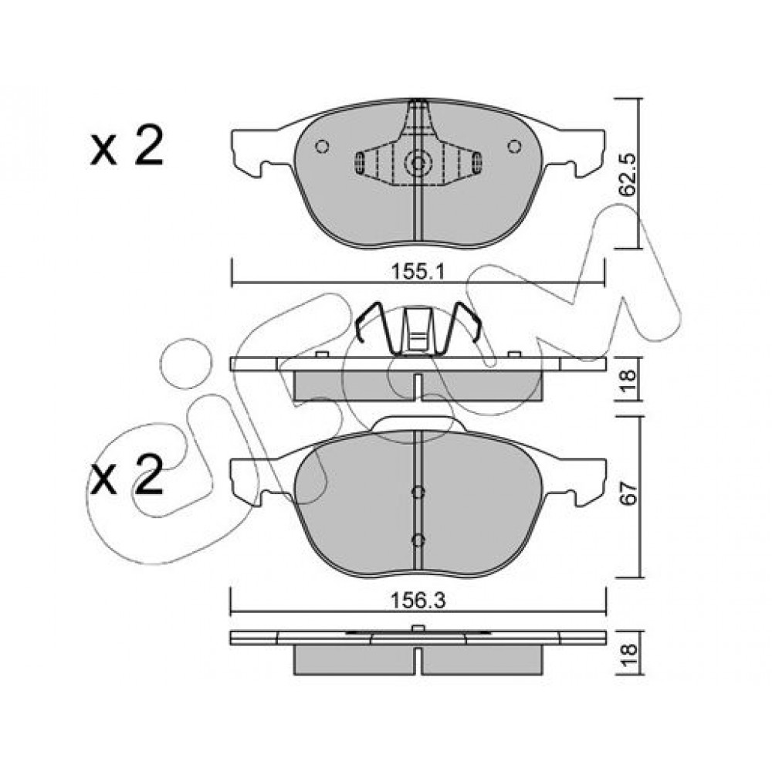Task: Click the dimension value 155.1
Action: coord(418,271)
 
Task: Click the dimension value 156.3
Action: coord(418,601)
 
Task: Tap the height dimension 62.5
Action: coord(628,174)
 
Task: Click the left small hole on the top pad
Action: coord(322,146)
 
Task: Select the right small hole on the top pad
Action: coord(514,146)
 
